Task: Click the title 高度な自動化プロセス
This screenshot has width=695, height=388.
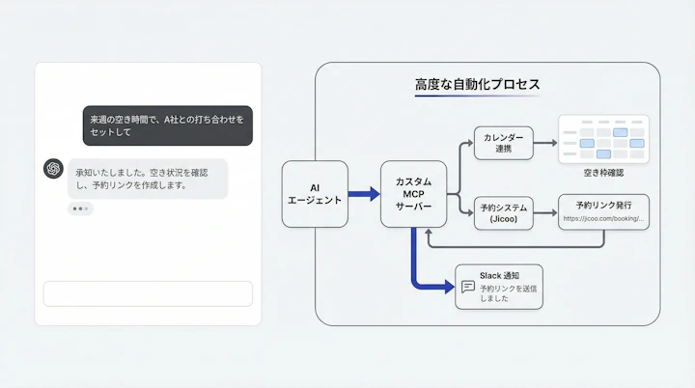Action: pyautogui.click(x=477, y=85)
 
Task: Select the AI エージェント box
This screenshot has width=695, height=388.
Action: pyautogui.click(x=315, y=194)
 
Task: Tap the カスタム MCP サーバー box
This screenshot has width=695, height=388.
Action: pyautogui.click(x=413, y=194)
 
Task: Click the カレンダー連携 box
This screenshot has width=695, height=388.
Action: pyautogui.click(x=503, y=143)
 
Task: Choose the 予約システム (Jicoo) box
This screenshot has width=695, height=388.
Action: pyautogui.click(x=503, y=212)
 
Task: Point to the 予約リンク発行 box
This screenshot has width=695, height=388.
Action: pyautogui.click(x=603, y=211)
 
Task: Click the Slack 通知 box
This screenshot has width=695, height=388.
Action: pyautogui.click(x=498, y=287)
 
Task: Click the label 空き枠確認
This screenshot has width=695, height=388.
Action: pyautogui.click(x=603, y=174)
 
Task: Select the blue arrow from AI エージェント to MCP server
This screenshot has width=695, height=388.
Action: pyautogui.click(x=364, y=194)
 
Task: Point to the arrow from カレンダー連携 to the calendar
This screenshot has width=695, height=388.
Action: pyautogui.click(x=545, y=143)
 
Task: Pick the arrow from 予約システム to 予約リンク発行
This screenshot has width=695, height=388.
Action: pyautogui.click(x=545, y=212)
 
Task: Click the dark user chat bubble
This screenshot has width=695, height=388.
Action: pyautogui.click(x=167, y=125)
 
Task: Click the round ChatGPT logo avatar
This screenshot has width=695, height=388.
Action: pyautogui.click(x=53, y=168)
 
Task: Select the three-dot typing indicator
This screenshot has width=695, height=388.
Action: pyautogui.click(x=80, y=208)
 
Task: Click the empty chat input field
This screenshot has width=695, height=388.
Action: pyautogui.click(x=148, y=293)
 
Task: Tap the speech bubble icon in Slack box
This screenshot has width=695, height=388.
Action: pyautogui.click(x=468, y=287)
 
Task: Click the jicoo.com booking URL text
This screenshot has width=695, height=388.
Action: pyautogui.click(x=603, y=219)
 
